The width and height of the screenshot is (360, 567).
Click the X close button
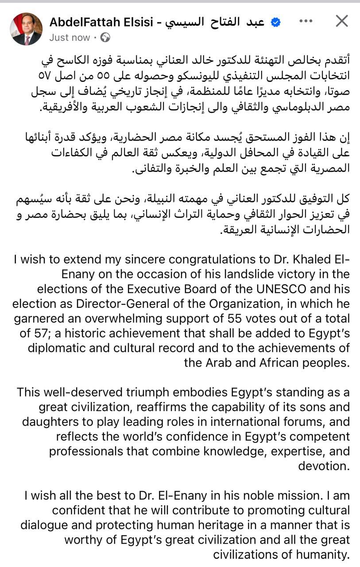coord(341,21)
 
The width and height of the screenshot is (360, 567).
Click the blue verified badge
coord(275,23)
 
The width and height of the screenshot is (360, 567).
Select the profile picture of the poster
coord(27,29)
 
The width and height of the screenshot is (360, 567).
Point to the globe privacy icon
coord(105,38)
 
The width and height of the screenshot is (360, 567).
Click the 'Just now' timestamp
coord(70,38)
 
